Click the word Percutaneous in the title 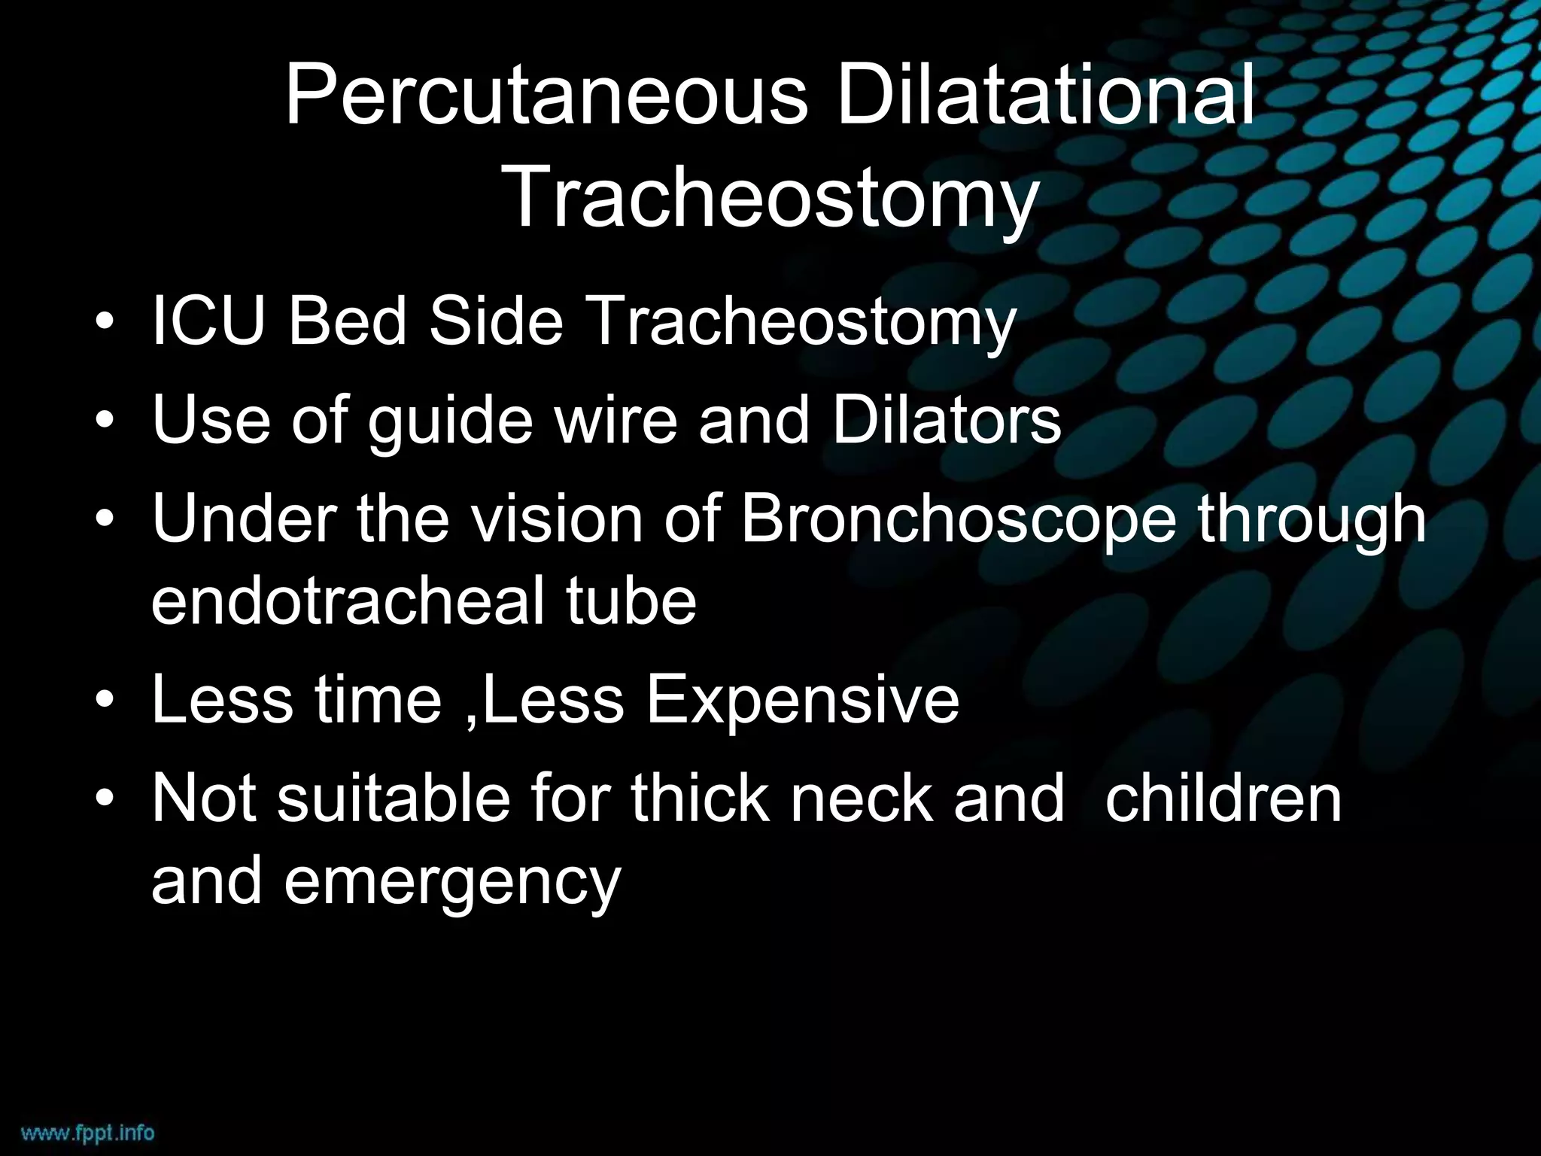pyautogui.click(x=546, y=96)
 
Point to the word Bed pyautogui.click(x=348, y=321)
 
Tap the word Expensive pyautogui.click(x=802, y=700)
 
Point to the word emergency pyautogui.click(x=452, y=882)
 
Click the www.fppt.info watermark pyautogui.click(x=87, y=1132)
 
